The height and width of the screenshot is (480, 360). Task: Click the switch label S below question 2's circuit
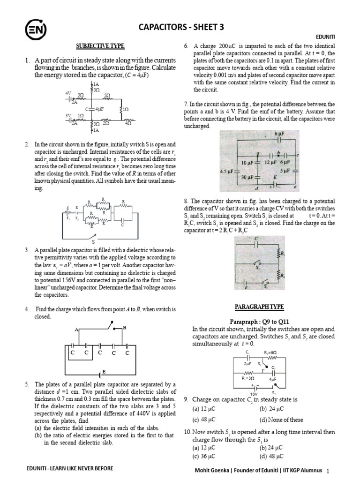point(93,242)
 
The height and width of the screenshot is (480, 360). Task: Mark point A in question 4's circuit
point(76,330)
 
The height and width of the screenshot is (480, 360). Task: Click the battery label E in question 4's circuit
point(104,371)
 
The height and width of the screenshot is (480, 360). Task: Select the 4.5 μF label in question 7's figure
point(227,172)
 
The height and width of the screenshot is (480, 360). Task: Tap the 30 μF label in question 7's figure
point(247,177)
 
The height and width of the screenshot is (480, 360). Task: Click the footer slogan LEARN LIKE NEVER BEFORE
point(85,468)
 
